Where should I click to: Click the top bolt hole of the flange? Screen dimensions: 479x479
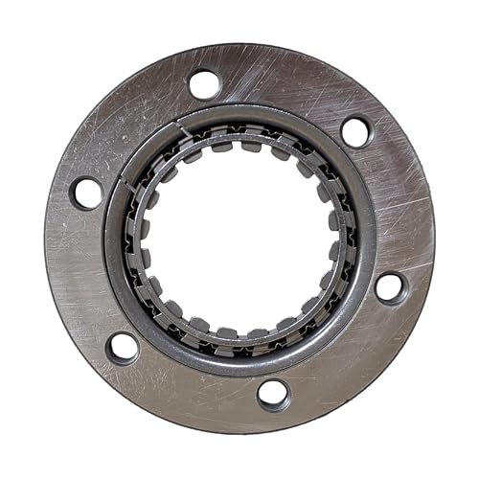pos(204,84)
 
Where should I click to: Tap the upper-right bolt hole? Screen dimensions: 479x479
pos(355,131)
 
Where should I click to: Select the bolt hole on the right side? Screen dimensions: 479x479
pos(390,286)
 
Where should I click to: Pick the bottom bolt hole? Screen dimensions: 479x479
pos(273,393)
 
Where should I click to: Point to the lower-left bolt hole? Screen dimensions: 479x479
pos(123,347)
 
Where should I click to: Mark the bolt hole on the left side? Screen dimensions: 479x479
pos(87,193)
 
